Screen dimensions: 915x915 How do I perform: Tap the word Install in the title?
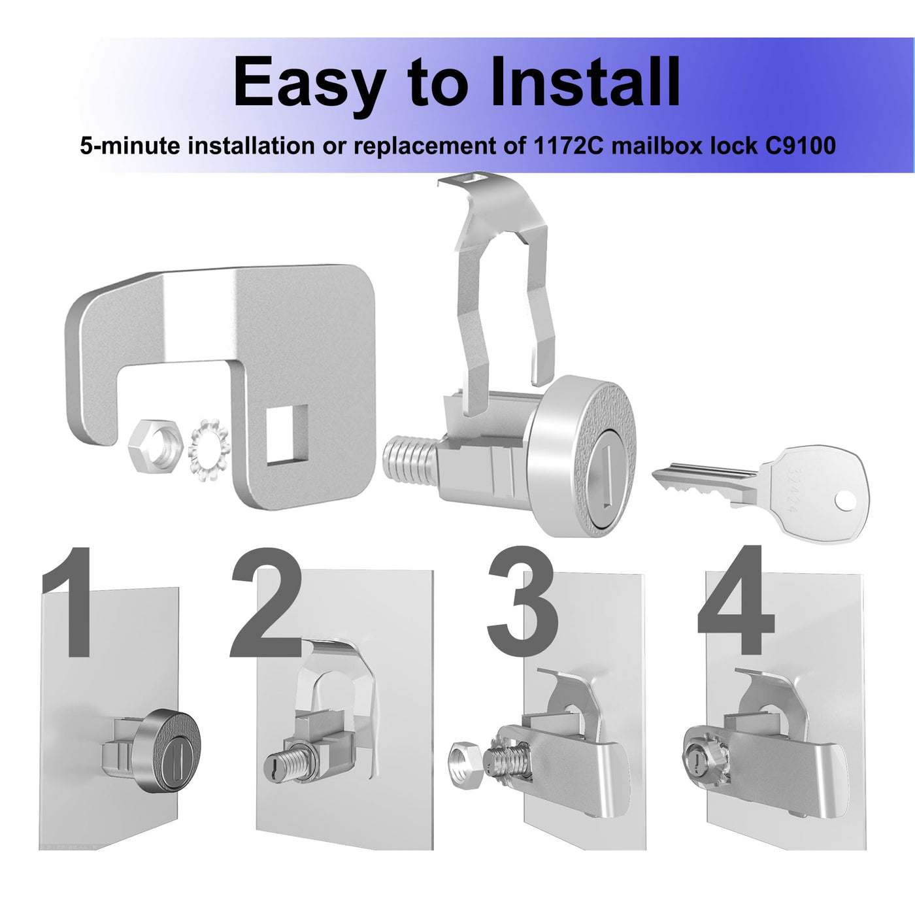[585, 81]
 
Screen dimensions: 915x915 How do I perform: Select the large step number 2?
[266, 603]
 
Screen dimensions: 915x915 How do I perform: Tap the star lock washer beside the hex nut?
[209, 449]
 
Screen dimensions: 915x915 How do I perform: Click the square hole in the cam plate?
[287, 435]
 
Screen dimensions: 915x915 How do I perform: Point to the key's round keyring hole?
[845, 501]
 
